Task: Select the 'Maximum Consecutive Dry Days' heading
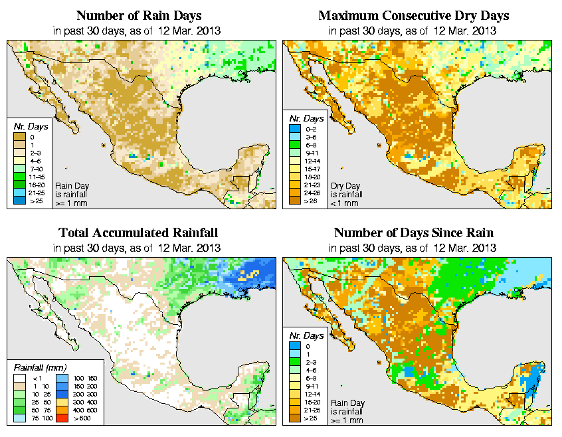[414, 15]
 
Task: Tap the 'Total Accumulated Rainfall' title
[138, 233]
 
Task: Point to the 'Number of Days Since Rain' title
[414, 233]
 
